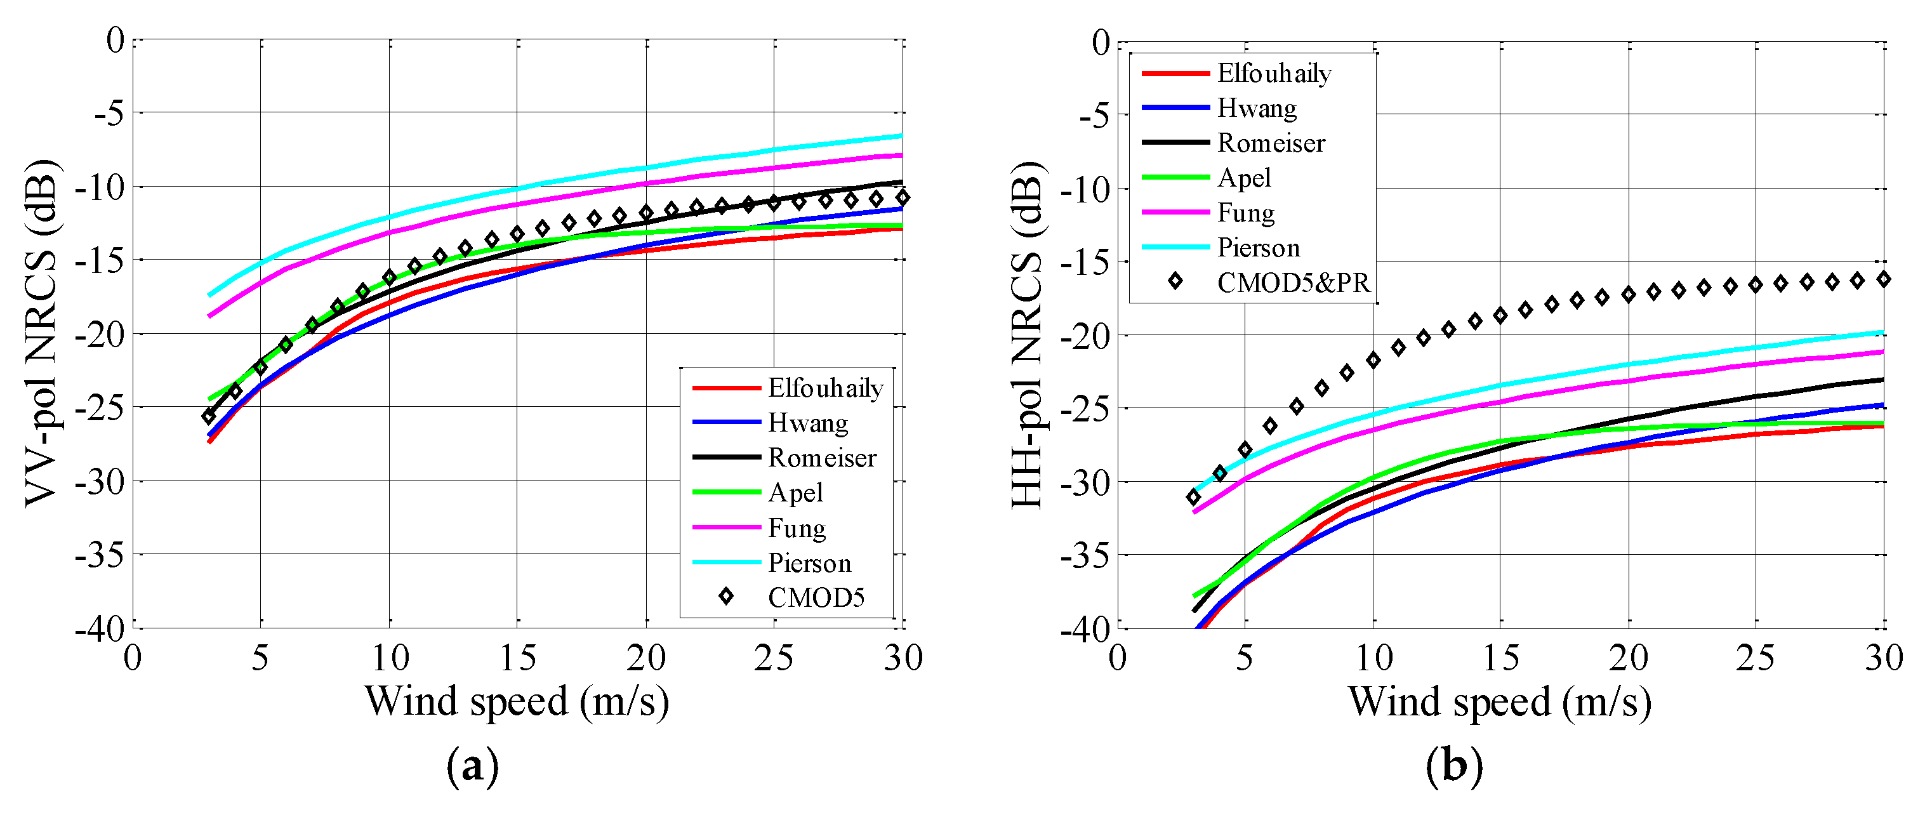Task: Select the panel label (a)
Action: point(472,766)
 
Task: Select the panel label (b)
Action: point(1454,766)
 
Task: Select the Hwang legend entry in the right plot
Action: point(1256,108)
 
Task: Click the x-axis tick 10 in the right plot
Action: point(1373,658)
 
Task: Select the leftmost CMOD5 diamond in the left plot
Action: point(209,416)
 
